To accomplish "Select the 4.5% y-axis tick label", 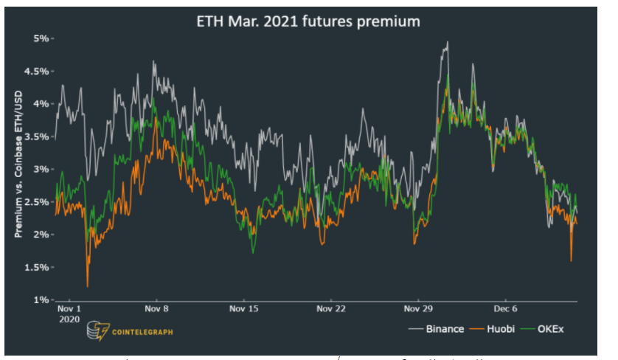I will point(37,71).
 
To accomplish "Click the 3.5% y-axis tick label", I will point(37,136).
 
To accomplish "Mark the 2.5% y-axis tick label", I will point(37,201).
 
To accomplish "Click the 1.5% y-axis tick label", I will point(37,267).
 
